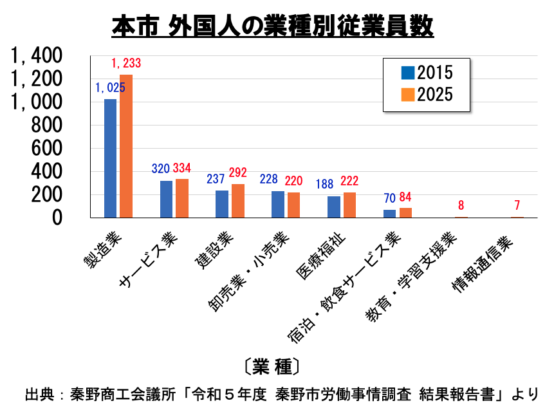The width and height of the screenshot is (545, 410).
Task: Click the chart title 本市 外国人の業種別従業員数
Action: (x=273, y=26)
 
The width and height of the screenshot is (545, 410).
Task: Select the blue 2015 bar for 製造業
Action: (x=111, y=158)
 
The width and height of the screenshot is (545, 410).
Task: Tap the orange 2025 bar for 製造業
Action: (x=126, y=146)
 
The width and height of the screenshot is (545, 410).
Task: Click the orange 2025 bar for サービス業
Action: (x=182, y=199)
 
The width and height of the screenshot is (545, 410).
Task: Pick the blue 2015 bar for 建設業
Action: (x=222, y=204)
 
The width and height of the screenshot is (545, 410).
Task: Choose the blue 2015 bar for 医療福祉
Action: (x=334, y=207)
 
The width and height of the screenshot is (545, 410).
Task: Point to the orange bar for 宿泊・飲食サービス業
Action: (x=405, y=213)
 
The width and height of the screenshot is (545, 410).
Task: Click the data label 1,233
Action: (x=126, y=63)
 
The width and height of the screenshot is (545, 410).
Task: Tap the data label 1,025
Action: (x=110, y=88)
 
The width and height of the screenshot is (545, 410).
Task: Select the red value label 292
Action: (x=237, y=173)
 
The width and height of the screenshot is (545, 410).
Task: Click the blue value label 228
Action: (x=269, y=179)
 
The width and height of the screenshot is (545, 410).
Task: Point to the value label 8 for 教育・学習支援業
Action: (x=461, y=205)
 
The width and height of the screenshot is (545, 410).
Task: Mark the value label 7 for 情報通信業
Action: (x=517, y=205)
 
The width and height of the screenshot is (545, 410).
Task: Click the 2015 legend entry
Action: (x=427, y=73)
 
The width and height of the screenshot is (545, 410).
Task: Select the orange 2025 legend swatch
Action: (x=408, y=95)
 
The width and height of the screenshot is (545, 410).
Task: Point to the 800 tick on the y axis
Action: (x=46, y=126)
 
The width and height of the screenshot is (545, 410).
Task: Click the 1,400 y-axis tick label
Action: (x=37, y=55)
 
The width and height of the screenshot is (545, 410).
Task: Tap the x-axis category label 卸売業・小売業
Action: (x=250, y=271)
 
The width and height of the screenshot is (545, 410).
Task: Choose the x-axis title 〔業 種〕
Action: (x=273, y=366)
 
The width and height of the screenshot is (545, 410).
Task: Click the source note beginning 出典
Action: (x=282, y=395)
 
